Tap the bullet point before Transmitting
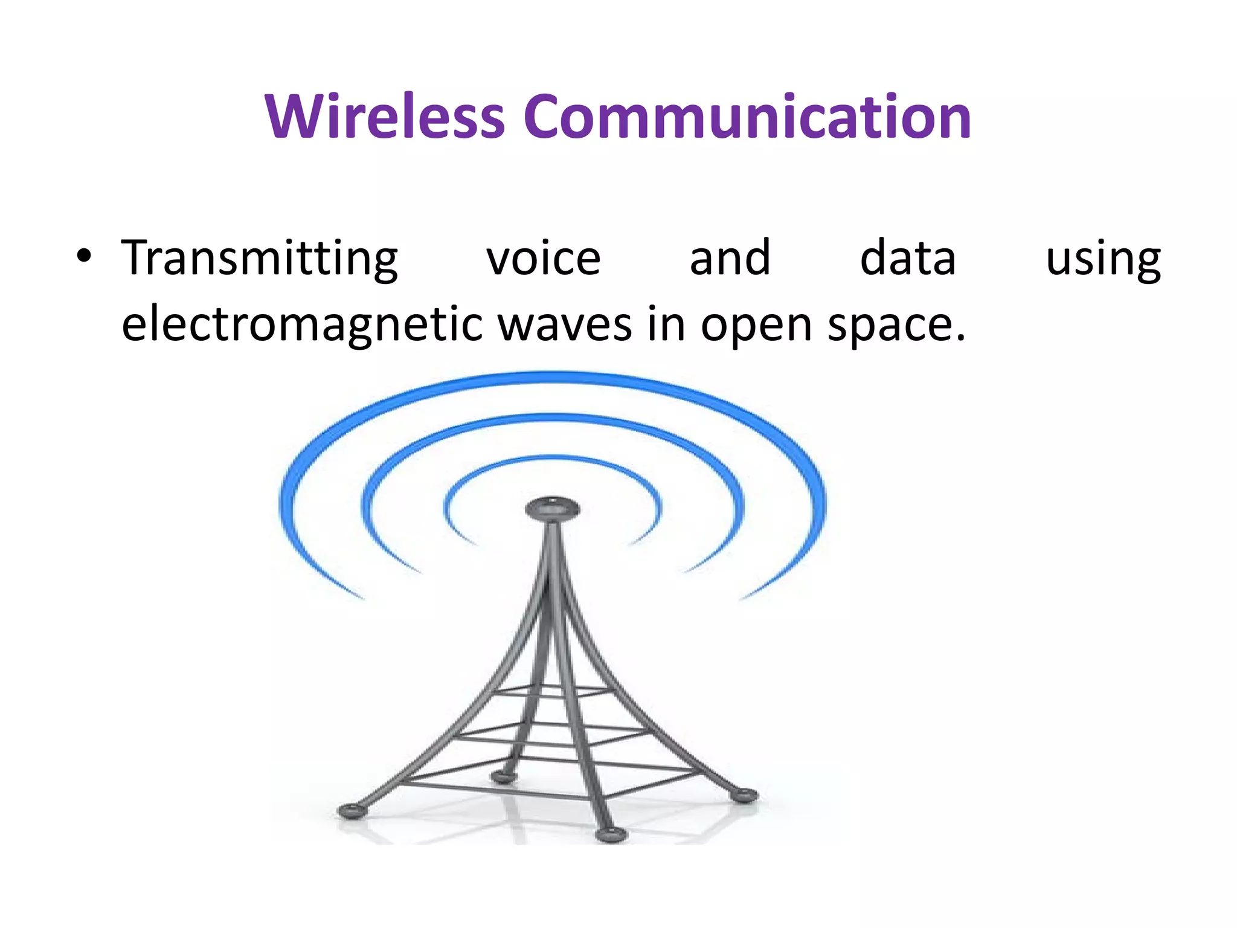point(84,256)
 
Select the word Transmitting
point(260,259)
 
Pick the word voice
point(543,259)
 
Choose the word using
point(1103,260)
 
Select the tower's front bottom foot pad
point(611,835)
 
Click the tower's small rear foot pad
point(503,776)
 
